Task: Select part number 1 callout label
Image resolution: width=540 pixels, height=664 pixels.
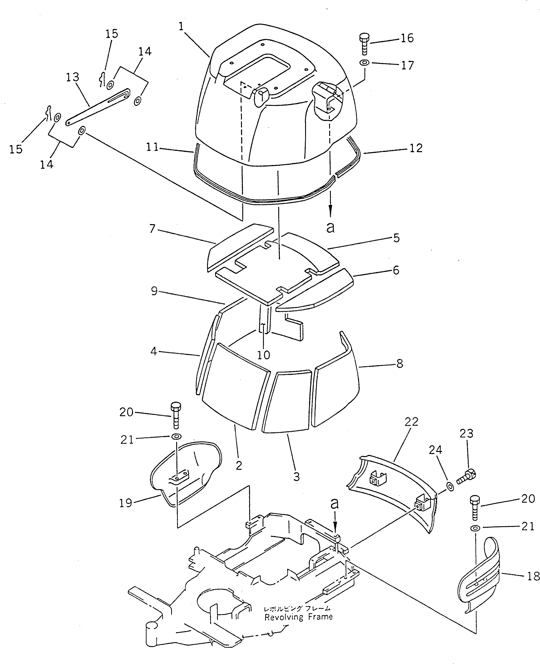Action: pyautogui.click(x=181, y=27)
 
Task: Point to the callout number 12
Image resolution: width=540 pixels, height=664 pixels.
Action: pyautogui.click(x=416, y=148)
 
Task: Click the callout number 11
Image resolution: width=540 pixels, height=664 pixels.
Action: pyautogui.click(x=152, y=147)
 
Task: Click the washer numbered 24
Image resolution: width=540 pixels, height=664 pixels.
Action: pyautogui.click(x=449, y=487)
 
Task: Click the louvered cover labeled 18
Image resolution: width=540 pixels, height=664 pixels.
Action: pyautogui.click(x=479, y=575)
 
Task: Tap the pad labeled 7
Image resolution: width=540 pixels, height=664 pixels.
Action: pyautogui.click(x=238, y=246)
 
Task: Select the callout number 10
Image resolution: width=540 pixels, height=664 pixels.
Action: pyautogui.click(x=263, y=355)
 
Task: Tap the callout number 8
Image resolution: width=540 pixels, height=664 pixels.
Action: pyautogui.click(x=400, y=363)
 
